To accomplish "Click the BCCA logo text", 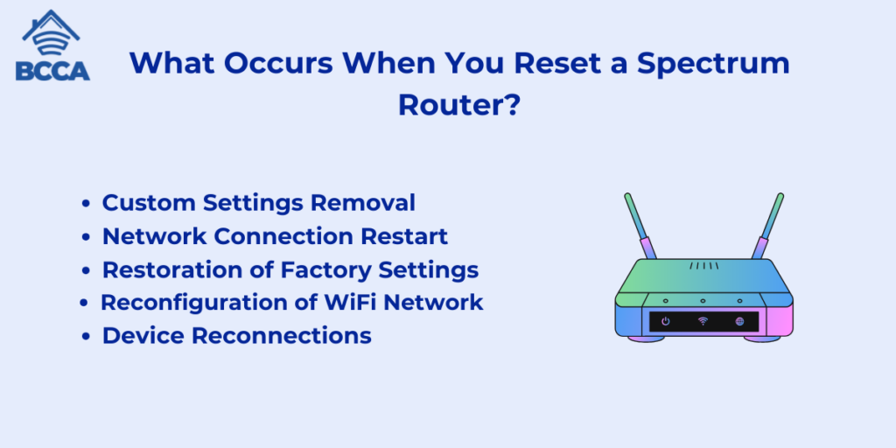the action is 52,71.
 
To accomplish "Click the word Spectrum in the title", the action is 713,63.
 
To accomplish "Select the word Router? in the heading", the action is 458,105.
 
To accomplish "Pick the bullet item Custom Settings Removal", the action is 258,203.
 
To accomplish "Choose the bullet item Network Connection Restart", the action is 275,236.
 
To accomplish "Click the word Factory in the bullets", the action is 348,270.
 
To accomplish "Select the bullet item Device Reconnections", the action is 236,335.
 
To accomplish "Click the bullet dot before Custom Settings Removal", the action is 87,203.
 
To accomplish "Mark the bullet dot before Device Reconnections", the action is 87,337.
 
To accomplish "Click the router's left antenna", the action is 640,226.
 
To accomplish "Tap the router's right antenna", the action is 767,226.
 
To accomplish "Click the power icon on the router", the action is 665,321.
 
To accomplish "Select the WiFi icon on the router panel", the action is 703,321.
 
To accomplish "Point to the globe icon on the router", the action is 740,321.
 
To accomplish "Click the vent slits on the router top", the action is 704,266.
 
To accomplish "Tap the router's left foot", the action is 647,339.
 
